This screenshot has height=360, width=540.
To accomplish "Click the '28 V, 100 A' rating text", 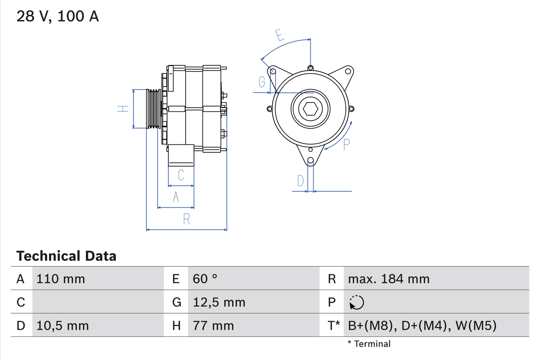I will (58, 16).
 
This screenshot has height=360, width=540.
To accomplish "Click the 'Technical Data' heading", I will (66, 256).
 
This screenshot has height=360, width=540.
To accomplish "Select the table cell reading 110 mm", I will (61, 279).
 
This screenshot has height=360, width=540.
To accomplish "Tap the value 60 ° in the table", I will (205, 279).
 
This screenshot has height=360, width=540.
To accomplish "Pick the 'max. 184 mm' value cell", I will (389, 279).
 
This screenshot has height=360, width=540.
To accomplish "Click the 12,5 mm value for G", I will (219, 302).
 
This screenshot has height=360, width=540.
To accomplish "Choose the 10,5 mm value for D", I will (62, 325).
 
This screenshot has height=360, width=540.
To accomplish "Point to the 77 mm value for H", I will (213, 325).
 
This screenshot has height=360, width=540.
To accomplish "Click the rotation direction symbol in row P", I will (356, 302).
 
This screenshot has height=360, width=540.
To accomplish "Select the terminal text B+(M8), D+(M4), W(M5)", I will (422, 325).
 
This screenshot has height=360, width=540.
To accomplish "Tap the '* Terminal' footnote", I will (369, 344).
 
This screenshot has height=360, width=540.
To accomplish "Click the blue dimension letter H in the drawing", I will (122, 108).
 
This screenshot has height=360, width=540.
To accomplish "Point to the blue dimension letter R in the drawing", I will (186, 219).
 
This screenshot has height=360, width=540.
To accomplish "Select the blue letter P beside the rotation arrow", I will (346, 144).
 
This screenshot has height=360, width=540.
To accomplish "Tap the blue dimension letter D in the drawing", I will (300, 181).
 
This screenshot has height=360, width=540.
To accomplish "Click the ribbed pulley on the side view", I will (154, 108).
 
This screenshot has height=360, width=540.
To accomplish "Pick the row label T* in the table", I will (334, 325).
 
